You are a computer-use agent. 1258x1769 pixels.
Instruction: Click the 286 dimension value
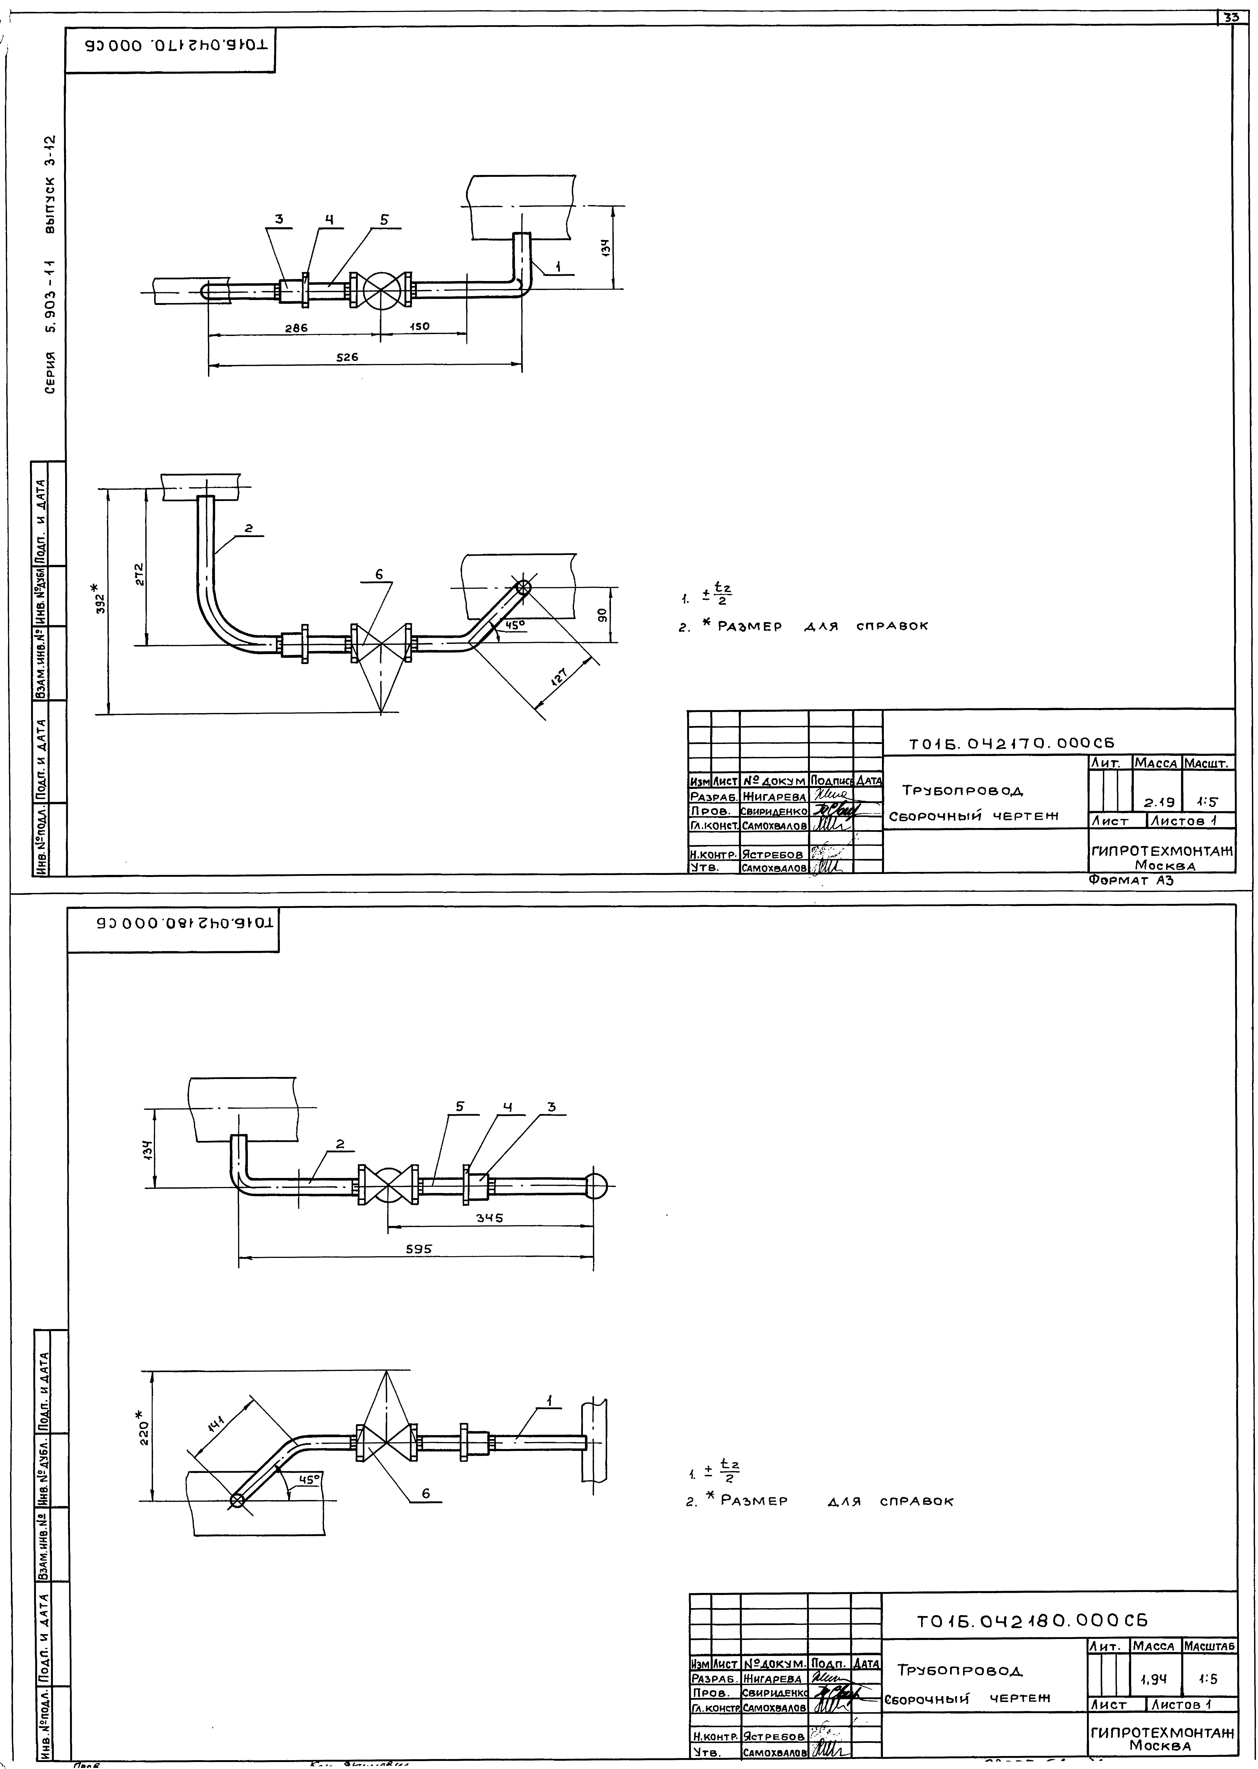[295, 328]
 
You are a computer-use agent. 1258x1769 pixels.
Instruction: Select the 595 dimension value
[417, 1247]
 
